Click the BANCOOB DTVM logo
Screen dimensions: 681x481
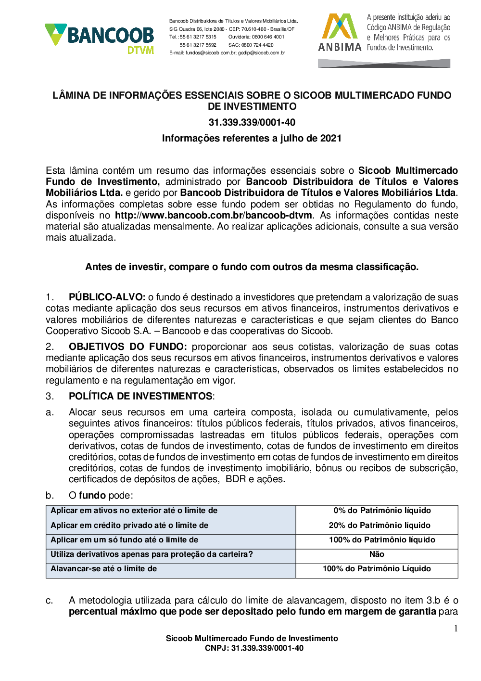100,39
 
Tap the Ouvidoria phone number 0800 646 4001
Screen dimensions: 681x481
268,37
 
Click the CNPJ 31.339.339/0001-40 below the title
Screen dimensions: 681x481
252,122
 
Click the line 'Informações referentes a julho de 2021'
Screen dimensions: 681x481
252,138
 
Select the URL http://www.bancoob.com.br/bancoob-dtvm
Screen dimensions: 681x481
214,215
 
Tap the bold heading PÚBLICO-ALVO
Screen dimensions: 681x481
107,297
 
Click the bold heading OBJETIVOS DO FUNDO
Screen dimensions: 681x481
127,347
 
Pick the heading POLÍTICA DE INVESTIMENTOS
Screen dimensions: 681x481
140,396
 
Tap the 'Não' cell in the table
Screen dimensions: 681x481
377,554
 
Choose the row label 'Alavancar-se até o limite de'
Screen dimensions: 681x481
104,569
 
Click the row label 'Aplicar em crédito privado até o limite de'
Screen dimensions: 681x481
129,526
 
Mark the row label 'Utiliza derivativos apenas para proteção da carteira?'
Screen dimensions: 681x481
152,554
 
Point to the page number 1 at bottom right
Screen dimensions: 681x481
456,629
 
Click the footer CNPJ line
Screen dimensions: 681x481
254,648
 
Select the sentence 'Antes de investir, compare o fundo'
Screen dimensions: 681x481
252,267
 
